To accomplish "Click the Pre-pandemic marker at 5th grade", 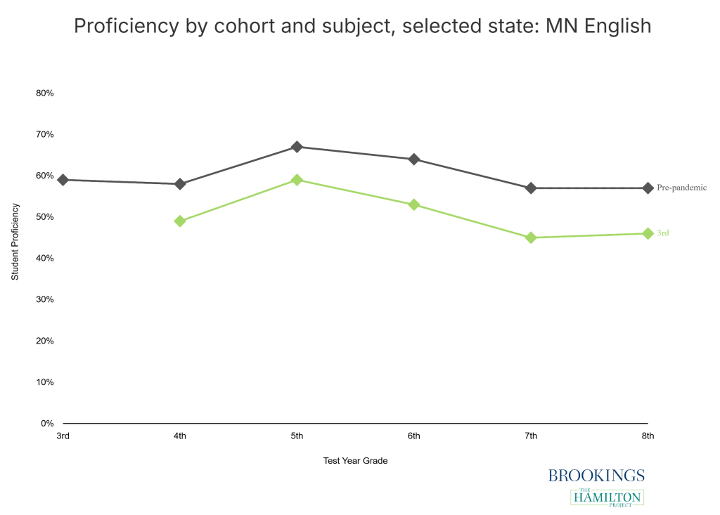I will tap(297, 147).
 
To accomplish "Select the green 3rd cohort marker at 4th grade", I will tap(180, 221).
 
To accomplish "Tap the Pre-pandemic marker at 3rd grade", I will tap(63, 180).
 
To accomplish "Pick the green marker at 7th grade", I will tap(531, 237).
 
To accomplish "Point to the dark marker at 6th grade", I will tap(414, 159).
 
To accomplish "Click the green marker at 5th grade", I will tap(297, 180).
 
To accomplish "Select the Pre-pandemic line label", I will tap(681, 188).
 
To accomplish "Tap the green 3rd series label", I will tap(662, 233).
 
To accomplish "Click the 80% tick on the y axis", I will tap(44, 93).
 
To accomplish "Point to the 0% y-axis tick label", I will tap(47, 424).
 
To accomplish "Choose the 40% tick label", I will tap(44, 259).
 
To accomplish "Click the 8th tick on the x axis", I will tap(648, 436).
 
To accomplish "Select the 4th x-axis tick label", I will tap(180, 436).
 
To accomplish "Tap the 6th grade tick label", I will tap(414, 436).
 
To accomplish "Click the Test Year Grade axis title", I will tap(355, 461).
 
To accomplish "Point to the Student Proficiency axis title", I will tap(15, 242).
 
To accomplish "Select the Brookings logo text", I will tap(596, 476).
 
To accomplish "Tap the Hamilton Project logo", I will tap(607, 497).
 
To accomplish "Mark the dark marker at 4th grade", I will tap(180, 184).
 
